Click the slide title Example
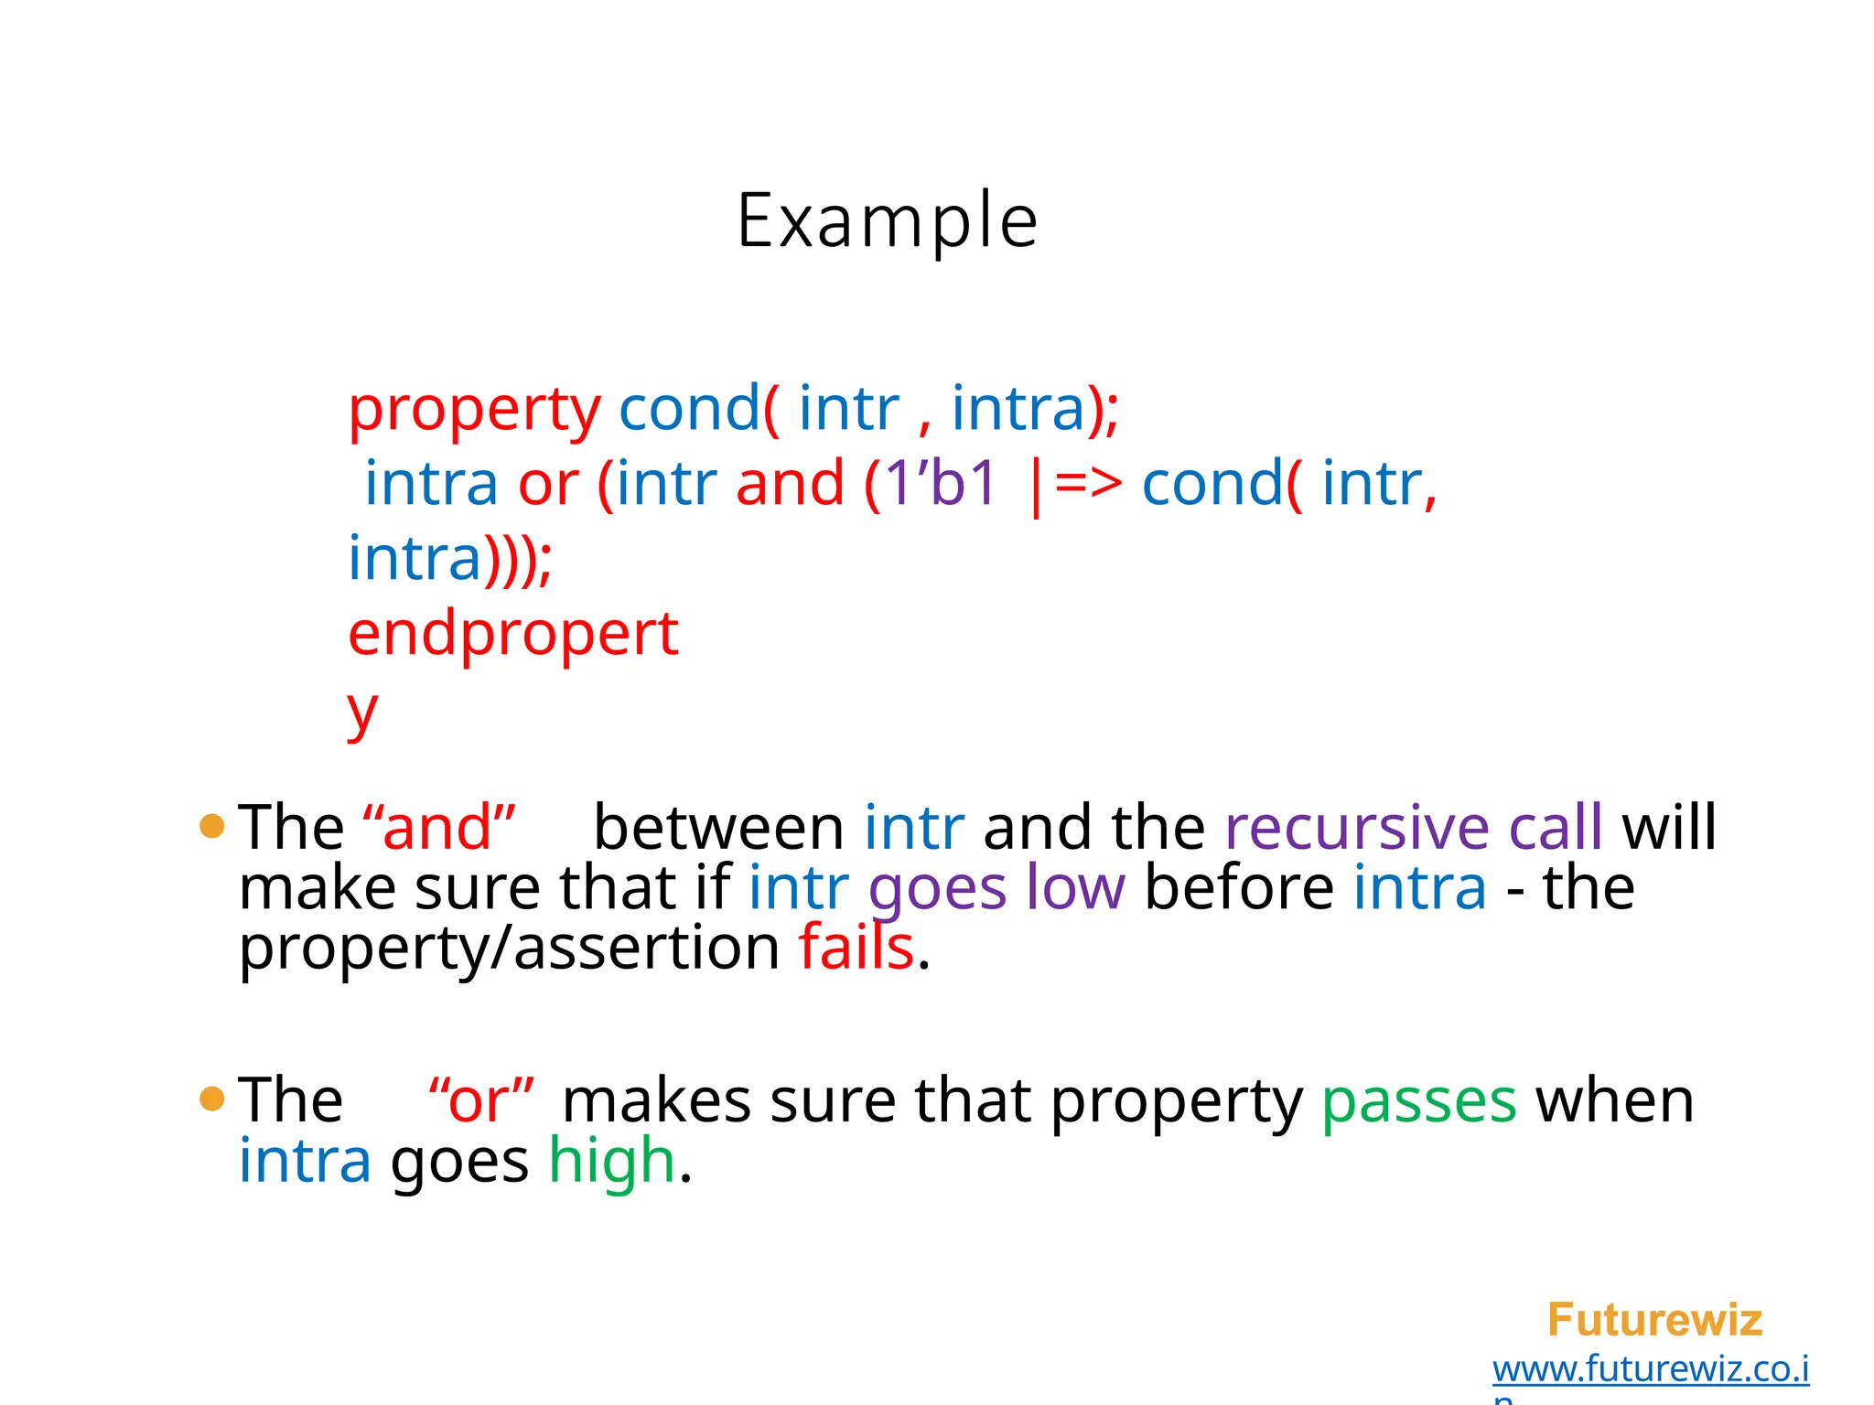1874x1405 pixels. point(887,221)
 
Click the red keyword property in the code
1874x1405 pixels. point(474,409)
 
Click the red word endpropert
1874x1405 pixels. point(512,634)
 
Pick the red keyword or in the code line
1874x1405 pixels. point(548,483)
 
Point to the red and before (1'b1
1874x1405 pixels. point(790,483)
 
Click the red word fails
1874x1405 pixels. point(856,948)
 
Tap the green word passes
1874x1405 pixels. point(1418,1100)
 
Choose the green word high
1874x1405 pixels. point(611,1161)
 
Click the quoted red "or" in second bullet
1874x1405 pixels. point(481,1100)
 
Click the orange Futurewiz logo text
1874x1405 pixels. point(1653,1320)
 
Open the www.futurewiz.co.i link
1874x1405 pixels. point(1650,1368)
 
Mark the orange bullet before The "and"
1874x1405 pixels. point(211,827)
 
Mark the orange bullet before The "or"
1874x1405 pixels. point(211,1099)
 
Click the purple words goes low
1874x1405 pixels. point(996,888)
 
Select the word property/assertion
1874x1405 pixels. point(509,948)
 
